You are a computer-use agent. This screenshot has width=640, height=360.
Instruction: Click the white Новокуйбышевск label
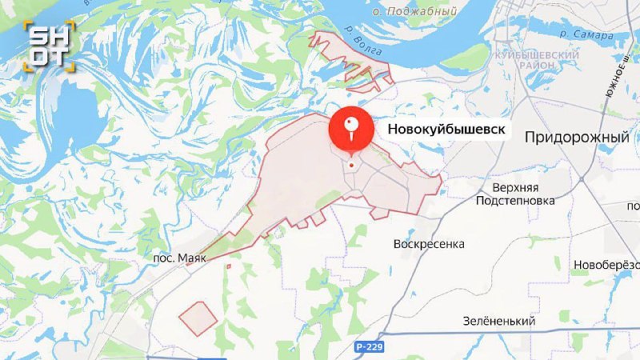pos(446,129)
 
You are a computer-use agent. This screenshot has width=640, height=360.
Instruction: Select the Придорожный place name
pos(576,138)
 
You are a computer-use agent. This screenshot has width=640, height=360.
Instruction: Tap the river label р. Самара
pos(586,34)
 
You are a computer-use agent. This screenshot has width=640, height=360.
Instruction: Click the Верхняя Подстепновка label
pos(515,194)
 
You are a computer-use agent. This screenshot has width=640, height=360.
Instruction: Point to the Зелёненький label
pos(498,321)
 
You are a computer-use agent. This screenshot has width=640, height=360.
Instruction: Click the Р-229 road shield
pos(370,345)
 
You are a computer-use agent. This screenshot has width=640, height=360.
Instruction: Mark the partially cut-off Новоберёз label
pos(606,265)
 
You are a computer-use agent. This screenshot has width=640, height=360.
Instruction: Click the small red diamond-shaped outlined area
pos(198,318)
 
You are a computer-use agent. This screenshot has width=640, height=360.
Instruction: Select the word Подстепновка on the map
pos(515,201)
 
